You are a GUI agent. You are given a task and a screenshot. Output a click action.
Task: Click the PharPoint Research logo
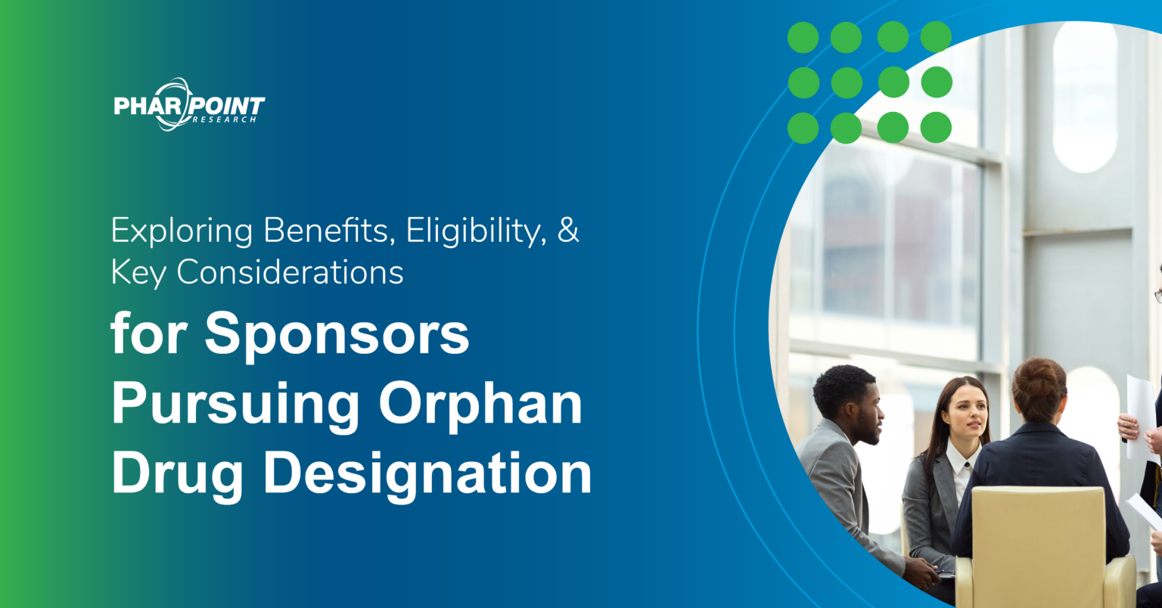coord(189,104)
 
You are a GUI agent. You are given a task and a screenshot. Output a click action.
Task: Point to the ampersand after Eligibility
coord(568,231)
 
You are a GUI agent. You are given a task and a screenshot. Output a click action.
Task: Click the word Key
coord(138,273)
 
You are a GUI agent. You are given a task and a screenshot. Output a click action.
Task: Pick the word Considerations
coord(290,272)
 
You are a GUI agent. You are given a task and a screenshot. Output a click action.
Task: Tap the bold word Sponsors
coord(337,337)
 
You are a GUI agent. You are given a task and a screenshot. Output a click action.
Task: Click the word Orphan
coord(481,405)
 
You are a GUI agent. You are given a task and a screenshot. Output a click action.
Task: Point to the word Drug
coord(179,475)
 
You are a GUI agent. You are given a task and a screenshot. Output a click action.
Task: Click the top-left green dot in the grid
coord(803,37)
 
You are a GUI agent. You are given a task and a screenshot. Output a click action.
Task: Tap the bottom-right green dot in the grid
coord(936,127)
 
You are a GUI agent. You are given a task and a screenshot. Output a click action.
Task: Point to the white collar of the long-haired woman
coord(960,461)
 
